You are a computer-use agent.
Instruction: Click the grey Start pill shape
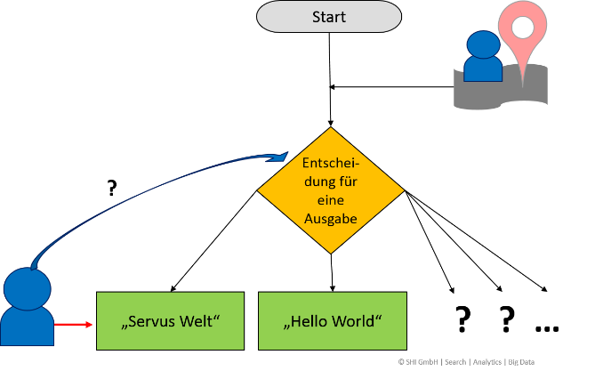pos(329,16)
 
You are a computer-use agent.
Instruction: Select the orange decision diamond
pos(330,190)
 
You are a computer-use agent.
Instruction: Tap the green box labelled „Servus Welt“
pos(169,320)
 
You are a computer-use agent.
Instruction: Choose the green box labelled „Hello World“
pos(332,320)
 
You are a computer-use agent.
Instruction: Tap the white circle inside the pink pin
pos(522,28)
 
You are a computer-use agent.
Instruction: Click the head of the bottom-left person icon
pos(28,287)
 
